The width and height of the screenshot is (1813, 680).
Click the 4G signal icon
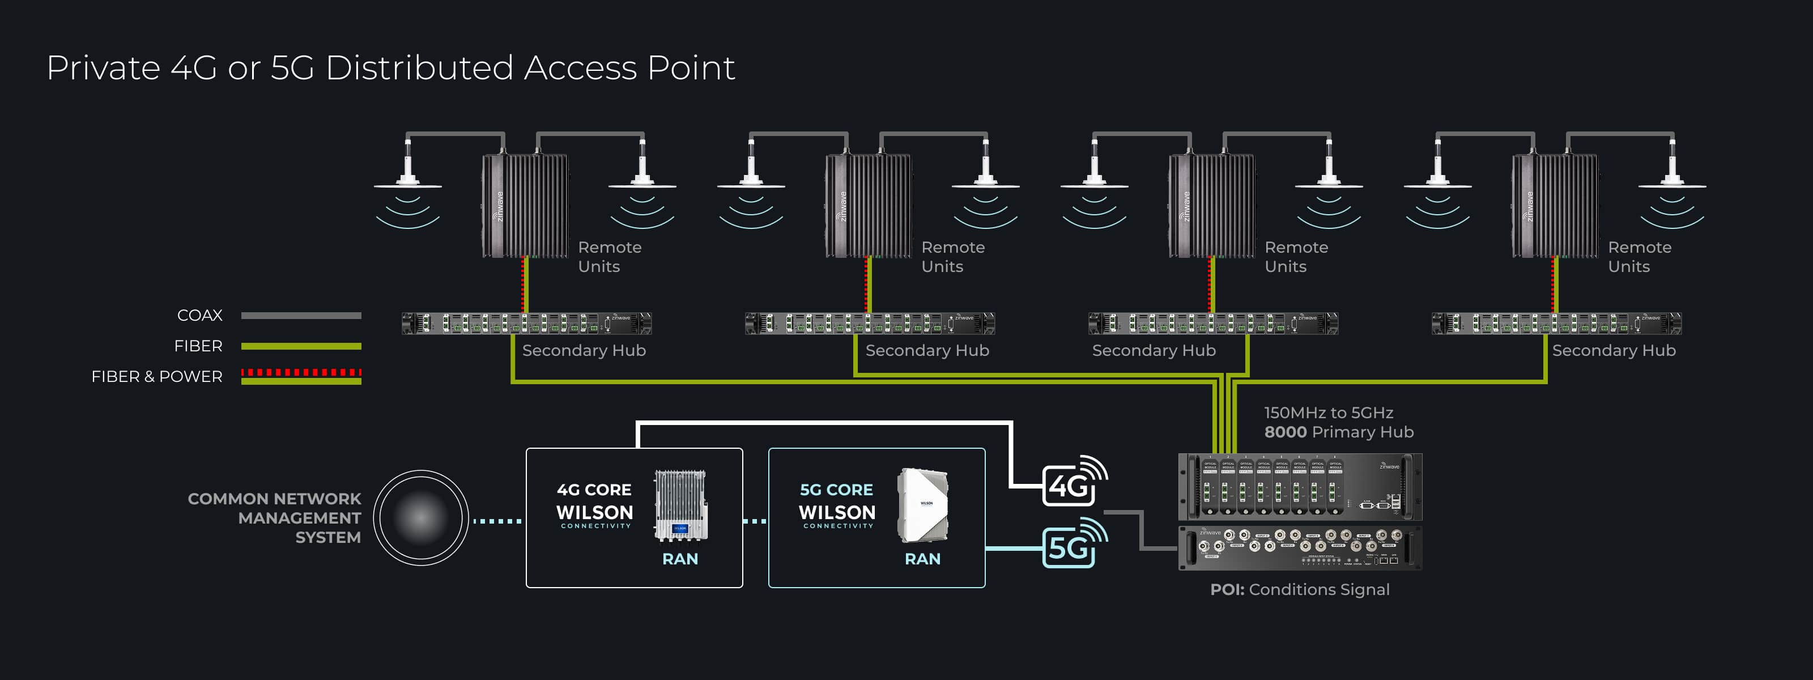(x=1073, y=482)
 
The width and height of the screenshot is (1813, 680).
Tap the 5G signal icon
(x=1073, y=544)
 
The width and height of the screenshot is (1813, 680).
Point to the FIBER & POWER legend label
(x=156, y=377)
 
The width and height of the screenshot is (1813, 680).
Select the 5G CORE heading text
(x=836, y=489)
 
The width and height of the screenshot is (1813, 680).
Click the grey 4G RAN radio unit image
(x=680, y=505)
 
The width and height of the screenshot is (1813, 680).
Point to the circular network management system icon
(x=420, y=517)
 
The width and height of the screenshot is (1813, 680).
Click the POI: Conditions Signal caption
(x=1299, y=589)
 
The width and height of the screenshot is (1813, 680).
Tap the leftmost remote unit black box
(x=524, y=206)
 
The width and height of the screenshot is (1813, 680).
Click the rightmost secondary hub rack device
(x=1556, y=323)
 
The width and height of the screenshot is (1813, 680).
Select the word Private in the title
(x=104, y=68)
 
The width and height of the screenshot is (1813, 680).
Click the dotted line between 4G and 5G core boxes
(x=755, y=521)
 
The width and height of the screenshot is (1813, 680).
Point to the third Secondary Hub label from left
(x=1154, y=350)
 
